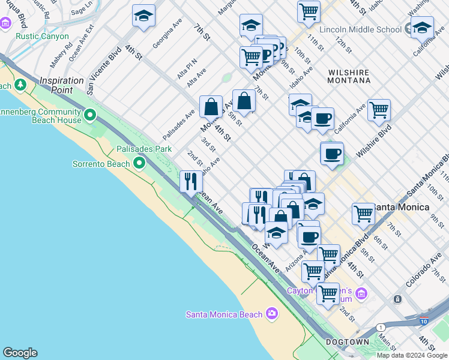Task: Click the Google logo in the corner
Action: click(20, 353)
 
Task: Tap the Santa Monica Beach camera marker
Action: click(272, 314)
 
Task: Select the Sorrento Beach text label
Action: click(101, 164)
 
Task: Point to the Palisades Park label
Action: click(144, 149)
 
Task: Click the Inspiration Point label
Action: click(62, 85)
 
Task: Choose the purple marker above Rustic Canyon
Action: click(6, 24)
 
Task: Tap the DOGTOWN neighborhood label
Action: click(347, 341)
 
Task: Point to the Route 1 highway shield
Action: click(380, 327)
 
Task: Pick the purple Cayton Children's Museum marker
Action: click(361, 293)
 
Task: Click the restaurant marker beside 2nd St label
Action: click(191, 181)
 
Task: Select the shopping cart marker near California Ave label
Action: click(379, 109)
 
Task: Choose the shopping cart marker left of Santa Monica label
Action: click(363, 213)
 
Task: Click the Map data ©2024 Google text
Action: click(412, 355)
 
